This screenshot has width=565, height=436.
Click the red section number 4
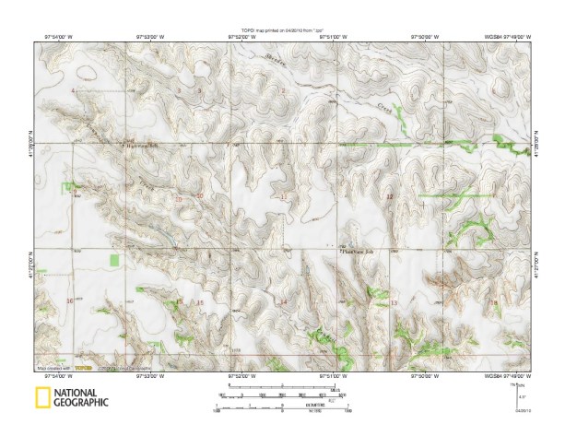click(73, 91)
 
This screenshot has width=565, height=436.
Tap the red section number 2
click(284, 91)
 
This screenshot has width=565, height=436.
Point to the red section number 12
click(389, 196)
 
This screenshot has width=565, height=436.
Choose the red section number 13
click(394, 302)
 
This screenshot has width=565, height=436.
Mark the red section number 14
click(284, 302)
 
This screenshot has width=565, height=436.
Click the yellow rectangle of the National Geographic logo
click(42, 398)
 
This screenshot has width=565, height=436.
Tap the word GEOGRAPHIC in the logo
click(81, 403)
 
